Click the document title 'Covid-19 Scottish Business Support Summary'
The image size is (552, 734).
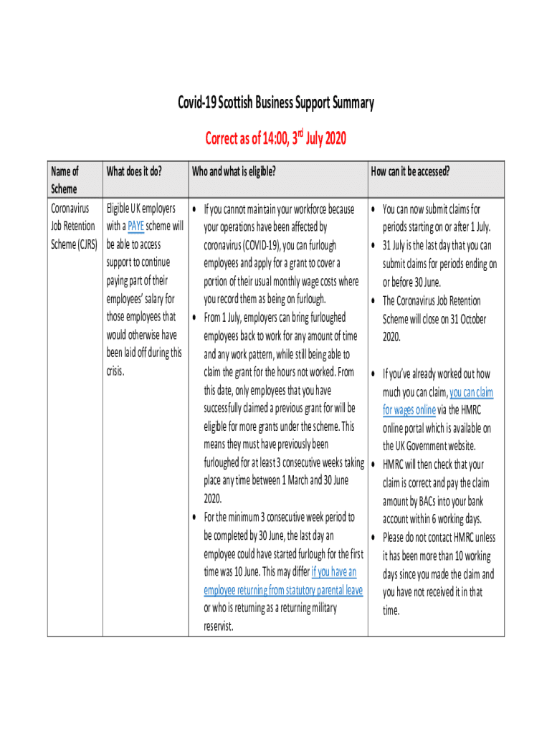point(276,103)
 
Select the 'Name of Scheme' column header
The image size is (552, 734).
point(65,180)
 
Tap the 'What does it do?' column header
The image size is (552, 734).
point(134,171)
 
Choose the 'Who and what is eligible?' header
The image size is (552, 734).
point(234,171)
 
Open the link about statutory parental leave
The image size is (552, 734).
point(283,590)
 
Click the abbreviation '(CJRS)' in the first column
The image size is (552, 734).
point(84,244)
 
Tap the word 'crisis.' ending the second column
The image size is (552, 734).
point(115,371)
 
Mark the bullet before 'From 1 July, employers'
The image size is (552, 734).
point(194,317)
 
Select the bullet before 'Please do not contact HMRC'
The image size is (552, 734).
point(373,538)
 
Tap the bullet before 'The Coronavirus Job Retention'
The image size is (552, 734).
point(373,300)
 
